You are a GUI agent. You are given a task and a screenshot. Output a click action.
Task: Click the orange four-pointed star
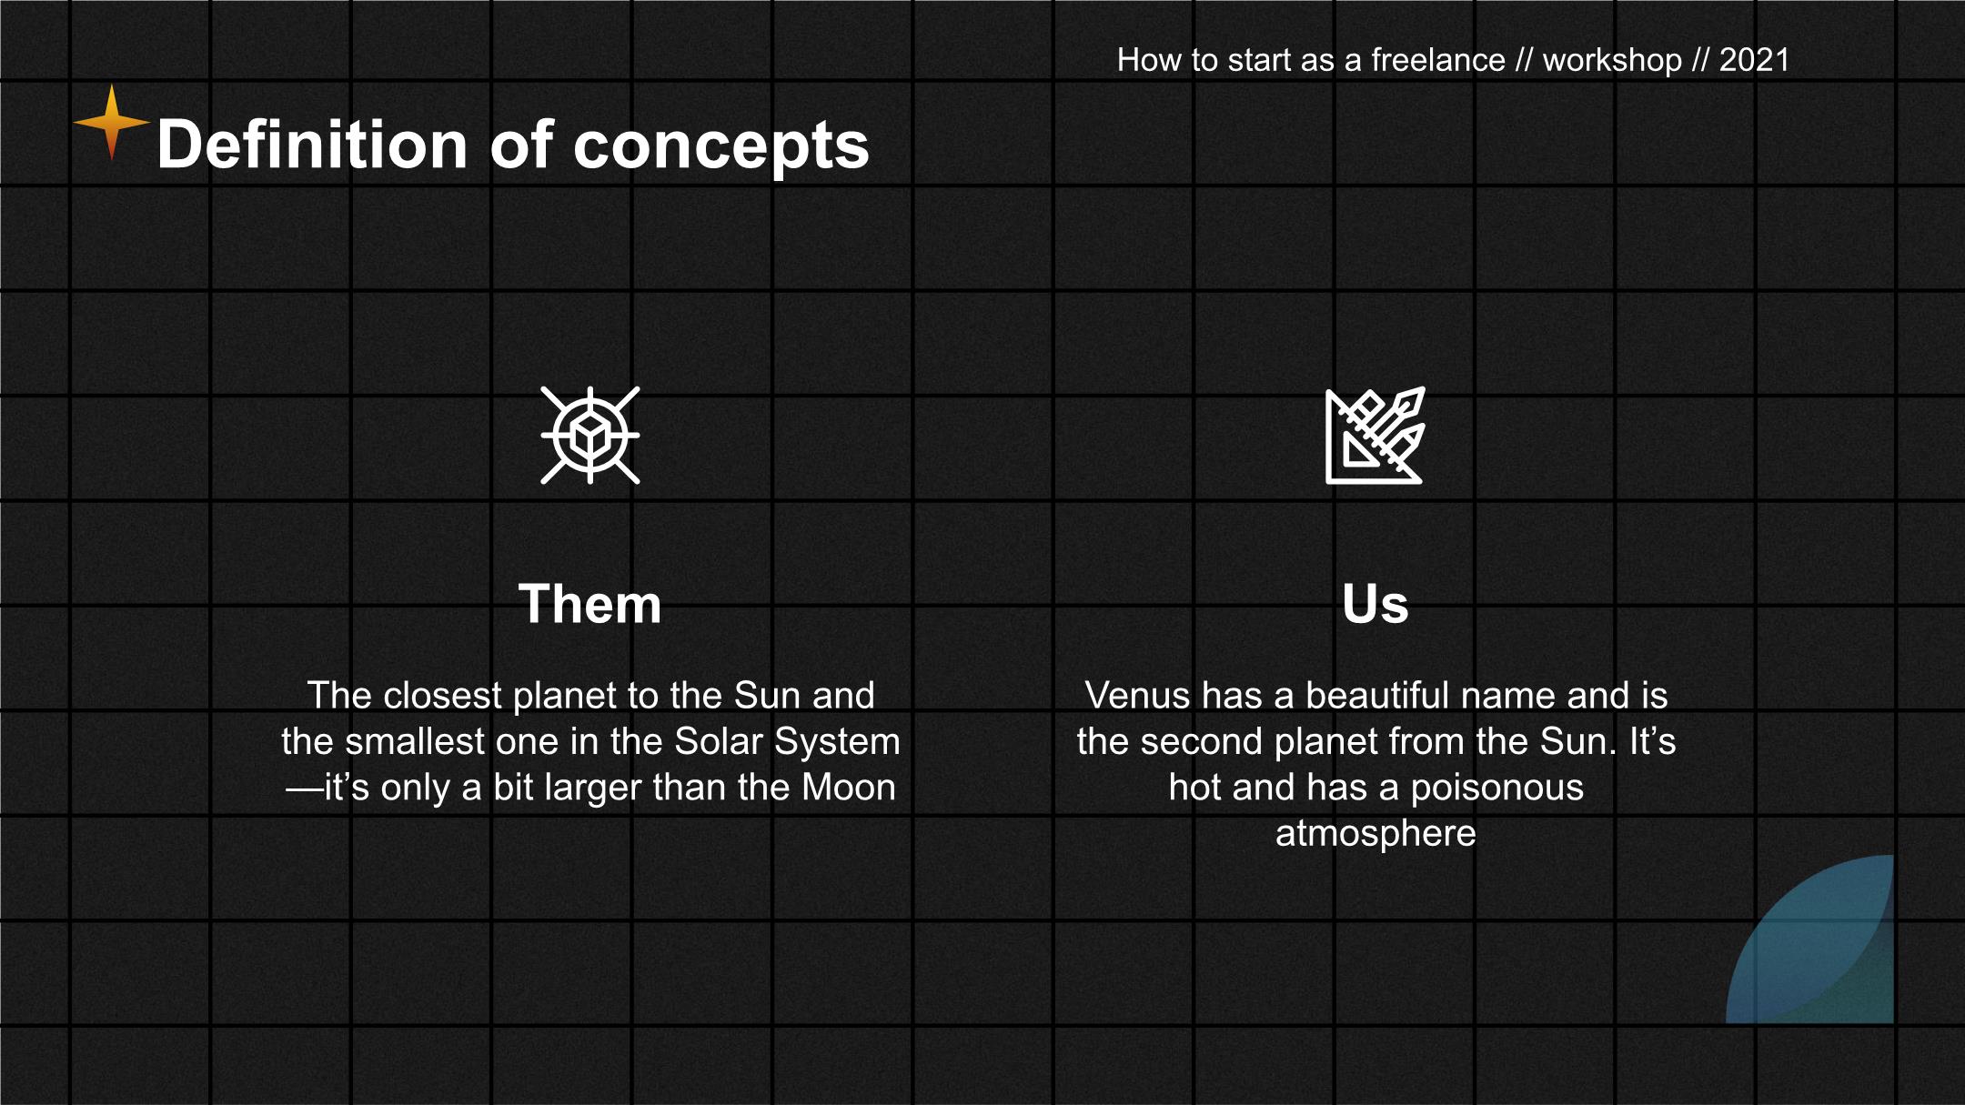click(x=112, y=122)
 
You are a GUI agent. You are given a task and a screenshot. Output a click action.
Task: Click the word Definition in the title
click(x=312, y=145)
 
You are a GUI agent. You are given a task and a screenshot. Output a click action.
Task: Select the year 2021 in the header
click(x=1754, y=60)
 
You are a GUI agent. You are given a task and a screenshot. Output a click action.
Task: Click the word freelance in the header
click(x=1437, y=60)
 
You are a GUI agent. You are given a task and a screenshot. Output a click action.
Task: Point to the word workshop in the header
click(x=1612, y=61)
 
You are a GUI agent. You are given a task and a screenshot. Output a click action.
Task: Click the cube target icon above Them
click(x=590, y=435)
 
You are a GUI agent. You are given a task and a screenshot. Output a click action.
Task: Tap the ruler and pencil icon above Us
click(x=1375, y=435)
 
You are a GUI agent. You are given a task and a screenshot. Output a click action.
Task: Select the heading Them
click(x=589, y=604)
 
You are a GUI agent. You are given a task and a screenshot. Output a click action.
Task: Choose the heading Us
click(x=1375, y=604)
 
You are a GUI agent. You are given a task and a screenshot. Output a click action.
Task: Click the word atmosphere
click(x=1375, y=834)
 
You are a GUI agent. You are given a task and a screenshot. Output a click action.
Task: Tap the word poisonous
click(x=1496, y=789)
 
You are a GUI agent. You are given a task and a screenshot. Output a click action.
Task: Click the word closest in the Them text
click(x=443, y=696)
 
